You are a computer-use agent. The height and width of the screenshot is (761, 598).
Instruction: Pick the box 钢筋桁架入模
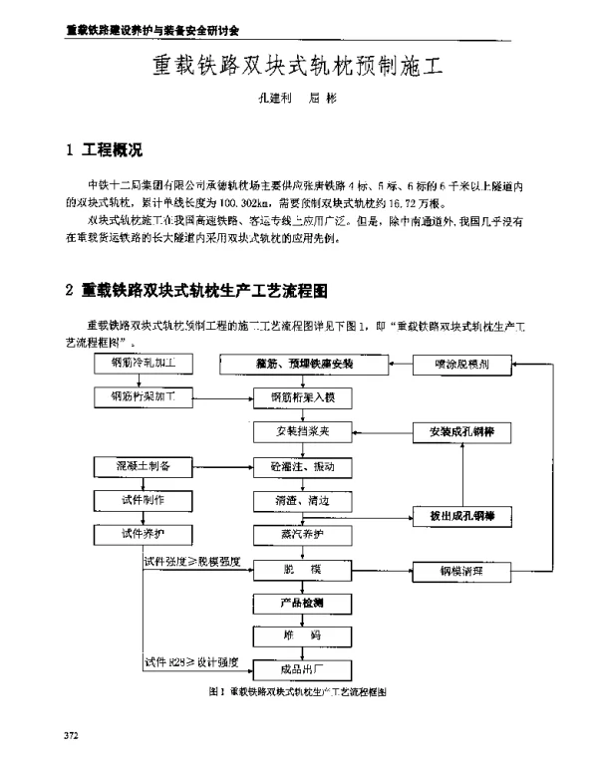pos(302,397)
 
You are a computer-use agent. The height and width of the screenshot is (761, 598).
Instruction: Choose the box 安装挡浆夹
pos(302,432)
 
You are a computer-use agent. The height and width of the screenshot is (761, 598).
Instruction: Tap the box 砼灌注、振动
pos(302,466)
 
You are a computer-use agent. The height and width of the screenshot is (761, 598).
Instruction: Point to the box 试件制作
pos(143,498)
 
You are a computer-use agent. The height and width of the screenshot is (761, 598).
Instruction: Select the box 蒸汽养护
pos(302,534)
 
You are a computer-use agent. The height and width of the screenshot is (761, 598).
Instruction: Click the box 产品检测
pos(302,604)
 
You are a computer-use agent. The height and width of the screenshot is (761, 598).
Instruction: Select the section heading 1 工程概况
pos(105,152)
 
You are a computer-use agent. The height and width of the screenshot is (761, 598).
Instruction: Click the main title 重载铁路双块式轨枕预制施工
pos(296,67)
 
